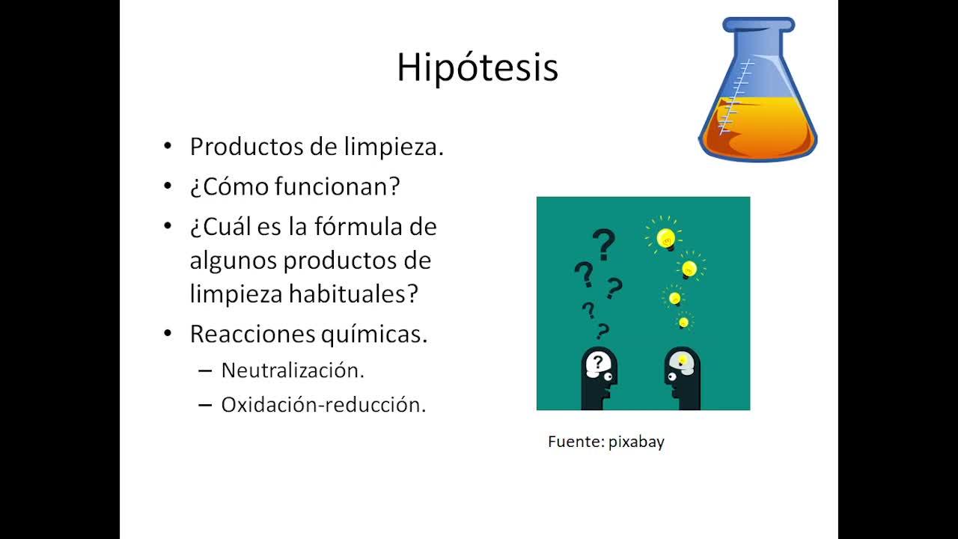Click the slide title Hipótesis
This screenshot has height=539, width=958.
click(478, 67)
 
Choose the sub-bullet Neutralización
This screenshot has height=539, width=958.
click(293, 371)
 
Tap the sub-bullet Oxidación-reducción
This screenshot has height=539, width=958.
click(323, 405)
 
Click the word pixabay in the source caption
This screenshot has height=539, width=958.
click(636, 442)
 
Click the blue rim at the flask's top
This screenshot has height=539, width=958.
click(759, 25)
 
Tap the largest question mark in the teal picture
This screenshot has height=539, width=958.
click(603, 244)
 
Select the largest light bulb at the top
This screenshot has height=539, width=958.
click(665, 237)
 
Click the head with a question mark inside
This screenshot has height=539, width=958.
click(598, 378)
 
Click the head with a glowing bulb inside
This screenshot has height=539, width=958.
click(683, 378)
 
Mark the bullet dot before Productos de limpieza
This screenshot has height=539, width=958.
click(168, 146)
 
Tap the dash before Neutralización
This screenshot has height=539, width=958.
click(205, 371)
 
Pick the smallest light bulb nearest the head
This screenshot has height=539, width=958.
click(684, 321)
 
